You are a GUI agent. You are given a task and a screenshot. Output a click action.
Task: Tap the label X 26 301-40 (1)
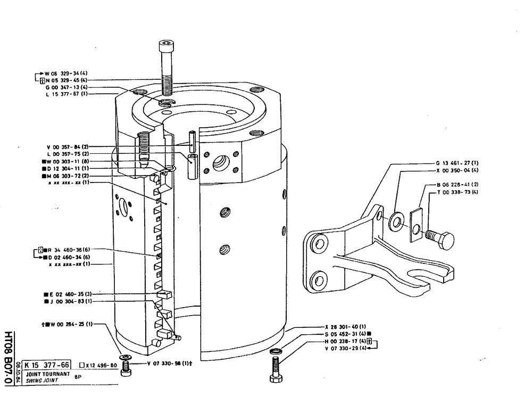pos(345,326)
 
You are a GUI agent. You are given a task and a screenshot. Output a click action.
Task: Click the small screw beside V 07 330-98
pos(127,367)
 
